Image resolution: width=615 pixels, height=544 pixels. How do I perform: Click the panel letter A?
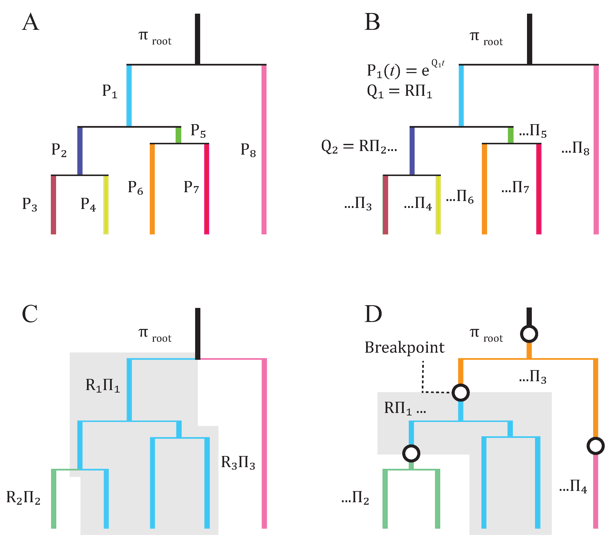(30, 22)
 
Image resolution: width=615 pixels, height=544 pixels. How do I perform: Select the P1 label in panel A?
(109, 91)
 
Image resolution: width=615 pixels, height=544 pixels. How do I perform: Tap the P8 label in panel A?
(248, 150)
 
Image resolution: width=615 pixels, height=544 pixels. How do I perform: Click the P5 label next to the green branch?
(198, 131)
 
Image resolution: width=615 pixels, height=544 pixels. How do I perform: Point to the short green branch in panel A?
(178, 135)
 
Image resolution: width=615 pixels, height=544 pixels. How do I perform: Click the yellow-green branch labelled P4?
(106, 205)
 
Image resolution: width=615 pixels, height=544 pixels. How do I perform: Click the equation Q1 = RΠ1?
(399, 91)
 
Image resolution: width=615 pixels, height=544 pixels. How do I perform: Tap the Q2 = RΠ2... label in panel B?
(359, 147)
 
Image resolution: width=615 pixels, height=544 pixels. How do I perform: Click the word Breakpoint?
(404, 348)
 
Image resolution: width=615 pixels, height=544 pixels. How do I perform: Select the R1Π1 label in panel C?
(102, 385)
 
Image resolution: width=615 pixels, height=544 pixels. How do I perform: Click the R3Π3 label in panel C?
(238, 463)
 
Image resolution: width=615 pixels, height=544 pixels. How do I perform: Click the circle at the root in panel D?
(529, 334)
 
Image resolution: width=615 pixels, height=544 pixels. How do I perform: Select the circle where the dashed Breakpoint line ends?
(460, 393)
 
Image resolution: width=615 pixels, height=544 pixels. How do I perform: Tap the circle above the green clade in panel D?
(411, 453)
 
